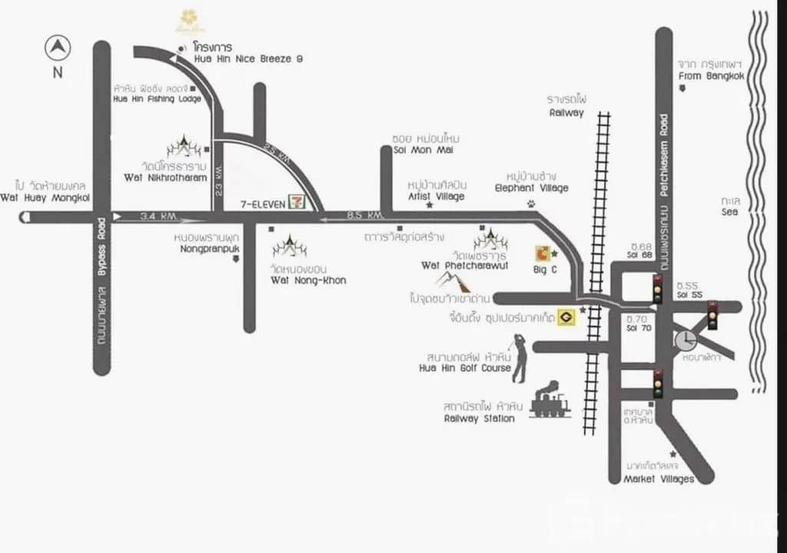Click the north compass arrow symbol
point(58,48)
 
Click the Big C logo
point(543,253)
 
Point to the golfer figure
point(520,358)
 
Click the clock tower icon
point(686,339)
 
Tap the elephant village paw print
point(531,204)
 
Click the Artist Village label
point(436,196)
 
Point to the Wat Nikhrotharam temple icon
point(184,146)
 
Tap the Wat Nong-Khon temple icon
point(290,247)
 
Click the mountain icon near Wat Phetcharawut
point(453,281)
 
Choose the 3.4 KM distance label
point(158,216)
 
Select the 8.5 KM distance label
point(365,215)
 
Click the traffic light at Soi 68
point(657,289)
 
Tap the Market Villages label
point(659,479)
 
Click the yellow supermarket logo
point(567,316)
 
